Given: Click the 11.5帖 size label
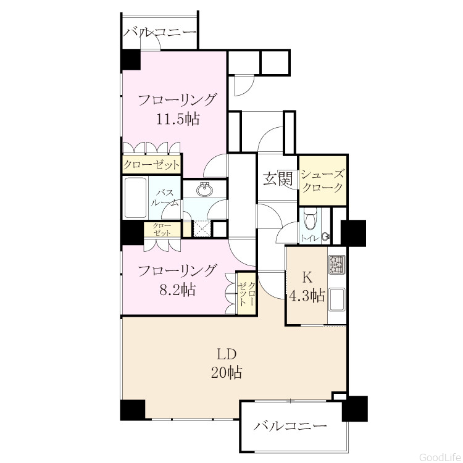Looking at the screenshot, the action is coord(177,119).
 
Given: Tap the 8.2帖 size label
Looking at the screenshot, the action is coord(177,290).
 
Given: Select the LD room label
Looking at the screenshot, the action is coord(227,354).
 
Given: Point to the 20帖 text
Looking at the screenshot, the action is coord(227,372).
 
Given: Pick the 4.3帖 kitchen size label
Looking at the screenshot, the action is coord(307,295).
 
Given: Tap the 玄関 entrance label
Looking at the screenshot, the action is coord(278,178).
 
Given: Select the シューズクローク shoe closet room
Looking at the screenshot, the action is coord(323,180).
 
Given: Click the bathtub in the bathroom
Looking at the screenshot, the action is coord(136,198).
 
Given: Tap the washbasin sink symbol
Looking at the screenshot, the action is coord(204,190).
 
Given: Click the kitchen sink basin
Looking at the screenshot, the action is coord(337,299).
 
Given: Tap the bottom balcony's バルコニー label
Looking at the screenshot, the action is coord(290,425).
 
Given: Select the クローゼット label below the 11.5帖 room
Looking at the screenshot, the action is coord(151,164).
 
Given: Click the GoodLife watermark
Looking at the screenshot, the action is coord(440,457).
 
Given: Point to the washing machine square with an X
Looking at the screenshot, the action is coord(202,228).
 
